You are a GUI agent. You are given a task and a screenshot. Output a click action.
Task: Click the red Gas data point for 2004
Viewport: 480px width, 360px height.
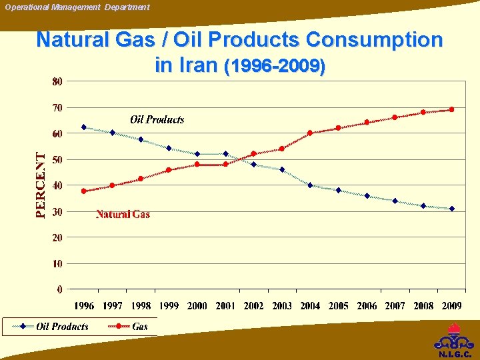(x=310, y=133)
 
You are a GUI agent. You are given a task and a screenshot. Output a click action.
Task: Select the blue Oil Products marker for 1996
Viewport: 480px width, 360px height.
(x=84, y=127)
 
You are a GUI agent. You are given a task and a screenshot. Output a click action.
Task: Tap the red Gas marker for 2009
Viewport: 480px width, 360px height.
(x=451, y=109)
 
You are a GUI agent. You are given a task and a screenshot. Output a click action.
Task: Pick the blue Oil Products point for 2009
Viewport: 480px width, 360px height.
(x=451, y=209)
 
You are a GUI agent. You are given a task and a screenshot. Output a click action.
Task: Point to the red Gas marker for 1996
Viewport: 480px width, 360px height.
(x=84, y=191)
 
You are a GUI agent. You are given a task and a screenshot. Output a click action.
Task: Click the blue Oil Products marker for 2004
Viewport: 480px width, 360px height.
(x=310, y=185)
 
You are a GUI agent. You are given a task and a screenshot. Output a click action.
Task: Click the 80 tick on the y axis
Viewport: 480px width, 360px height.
(x=57, y=81)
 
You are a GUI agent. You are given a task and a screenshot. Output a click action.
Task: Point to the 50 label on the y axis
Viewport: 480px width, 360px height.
(x=57, y=159)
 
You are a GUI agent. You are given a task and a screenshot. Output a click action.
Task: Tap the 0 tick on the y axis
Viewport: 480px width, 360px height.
(x=60, y=289)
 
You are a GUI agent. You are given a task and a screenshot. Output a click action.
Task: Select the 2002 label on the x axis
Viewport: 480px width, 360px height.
(x=253, y=306)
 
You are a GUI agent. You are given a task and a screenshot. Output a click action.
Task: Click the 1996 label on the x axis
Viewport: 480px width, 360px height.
(x=84, y=306)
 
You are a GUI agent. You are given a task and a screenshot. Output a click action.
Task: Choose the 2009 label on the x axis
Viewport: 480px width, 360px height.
(x=451, y=306)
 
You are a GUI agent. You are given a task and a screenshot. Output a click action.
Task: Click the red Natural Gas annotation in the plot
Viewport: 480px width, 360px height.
(x=123, y=214)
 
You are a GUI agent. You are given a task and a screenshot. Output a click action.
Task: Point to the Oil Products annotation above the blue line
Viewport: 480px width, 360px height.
(x=157, y=119)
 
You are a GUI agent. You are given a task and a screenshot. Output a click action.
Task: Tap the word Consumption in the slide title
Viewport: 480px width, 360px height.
(x=374, y=40)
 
